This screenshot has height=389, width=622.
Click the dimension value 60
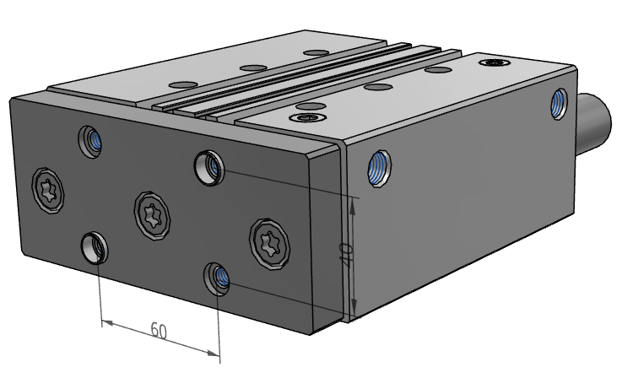click(158, 329)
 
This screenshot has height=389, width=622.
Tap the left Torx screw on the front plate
click(48, 186)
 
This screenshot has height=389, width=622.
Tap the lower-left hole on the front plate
click(95, 247)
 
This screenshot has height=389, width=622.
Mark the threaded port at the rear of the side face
click(559, 104)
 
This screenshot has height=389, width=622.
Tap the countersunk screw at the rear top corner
click(493, 62)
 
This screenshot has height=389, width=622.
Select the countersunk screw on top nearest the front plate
click(305, 116)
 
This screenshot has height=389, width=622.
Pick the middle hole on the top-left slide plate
click(250, 67)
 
